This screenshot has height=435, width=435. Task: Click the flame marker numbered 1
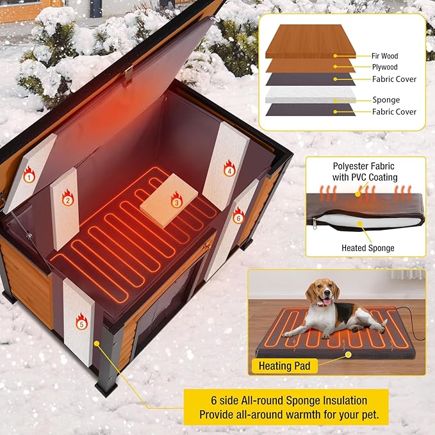click(x=29, y=173)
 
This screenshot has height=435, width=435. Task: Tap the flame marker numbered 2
click(x=67, y=199)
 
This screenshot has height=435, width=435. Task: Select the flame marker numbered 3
click(x=176, y=202)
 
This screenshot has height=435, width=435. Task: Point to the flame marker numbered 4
click(x=229, y=170)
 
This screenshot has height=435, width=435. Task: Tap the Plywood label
click(x=385, y=67)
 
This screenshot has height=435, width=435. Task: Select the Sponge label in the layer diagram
click(x=386, y=100)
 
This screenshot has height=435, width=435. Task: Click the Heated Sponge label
click(x=368, y=248)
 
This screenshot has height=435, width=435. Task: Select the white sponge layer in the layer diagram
click(x=310, y=94)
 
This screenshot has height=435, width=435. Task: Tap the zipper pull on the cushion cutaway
click(x=315, y=222)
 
